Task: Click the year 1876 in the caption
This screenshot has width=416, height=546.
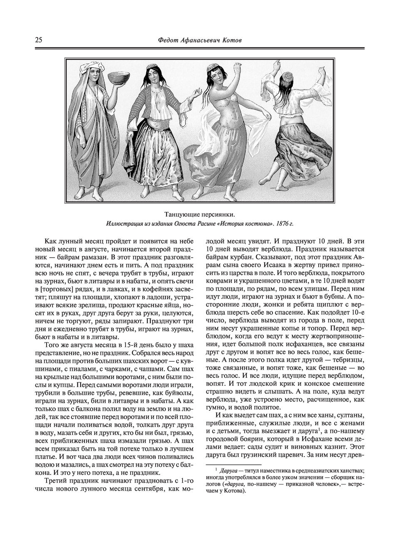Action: tap(279, 224)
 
